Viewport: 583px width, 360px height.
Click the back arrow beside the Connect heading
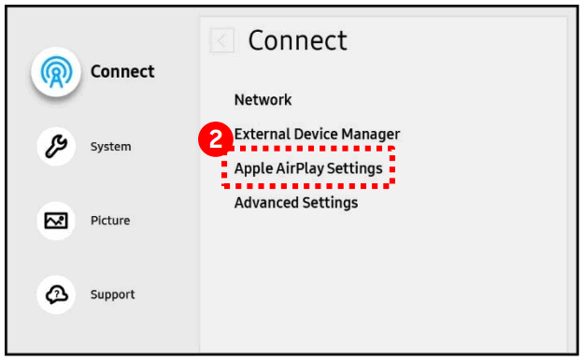(221, 40)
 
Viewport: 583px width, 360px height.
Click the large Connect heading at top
(297, 40)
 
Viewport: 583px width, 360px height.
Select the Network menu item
(263, 100)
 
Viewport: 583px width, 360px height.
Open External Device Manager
(317, 135)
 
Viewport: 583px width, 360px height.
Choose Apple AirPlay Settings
(308, 169)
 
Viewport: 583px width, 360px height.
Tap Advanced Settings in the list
(295, 203)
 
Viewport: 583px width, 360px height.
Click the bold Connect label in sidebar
(122, 72)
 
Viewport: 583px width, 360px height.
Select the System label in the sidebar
(110, 147)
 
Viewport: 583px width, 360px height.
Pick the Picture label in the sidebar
(109, 221)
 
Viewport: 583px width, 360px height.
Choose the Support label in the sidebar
(112, 295)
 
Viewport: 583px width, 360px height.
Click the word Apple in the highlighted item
(252, 169)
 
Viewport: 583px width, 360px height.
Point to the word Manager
(370, 135)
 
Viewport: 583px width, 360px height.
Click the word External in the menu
(261, 135)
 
